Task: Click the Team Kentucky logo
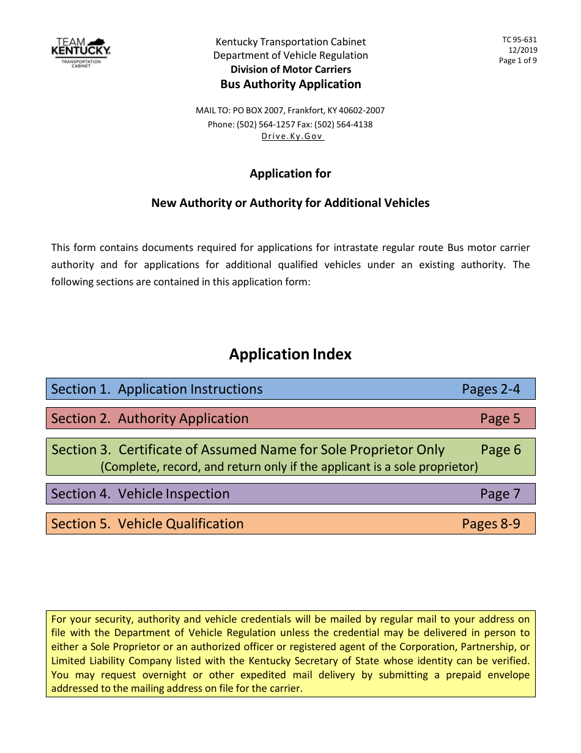tap(81, 52)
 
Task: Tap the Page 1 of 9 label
tap(518, 61)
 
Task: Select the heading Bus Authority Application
tap(290, 84)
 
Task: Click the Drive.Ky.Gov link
tap(292, 137)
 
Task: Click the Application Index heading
tap(290, 354)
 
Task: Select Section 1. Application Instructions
tap(157, 389)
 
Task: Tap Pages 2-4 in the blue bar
tap(490, 389)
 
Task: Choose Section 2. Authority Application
tap(150, 419)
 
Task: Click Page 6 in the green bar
tap(500, 450)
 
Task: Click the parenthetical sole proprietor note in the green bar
tap(289, 466)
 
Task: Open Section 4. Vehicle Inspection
tap(140, 494)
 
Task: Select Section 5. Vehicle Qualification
tap(147, 524)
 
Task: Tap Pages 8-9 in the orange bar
tap(490, 524)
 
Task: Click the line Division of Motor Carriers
tap(290, 70)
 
